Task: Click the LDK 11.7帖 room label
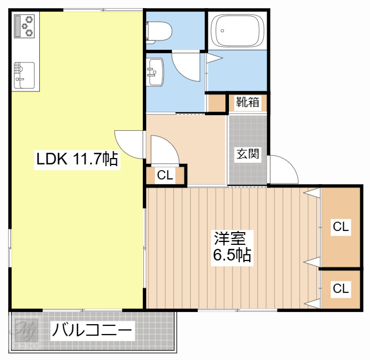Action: pos(77,159)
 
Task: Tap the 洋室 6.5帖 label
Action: pos(232,248)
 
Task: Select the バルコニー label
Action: pos(92,330)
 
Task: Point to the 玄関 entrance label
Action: pos(247,154)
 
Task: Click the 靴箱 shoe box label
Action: pos(247,102)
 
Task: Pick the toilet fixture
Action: pos(159,32)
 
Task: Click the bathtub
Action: pos(237,31)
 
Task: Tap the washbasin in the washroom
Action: pos(155,72)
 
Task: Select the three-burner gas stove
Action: pos(24,26)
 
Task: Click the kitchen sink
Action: pos(24,75)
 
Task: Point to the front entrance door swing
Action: pos(284,169)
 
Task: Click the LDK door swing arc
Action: pos(129,145)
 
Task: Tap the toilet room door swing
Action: pos(186,67)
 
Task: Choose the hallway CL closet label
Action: pos(165,175)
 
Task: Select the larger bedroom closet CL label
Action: pos(341,227)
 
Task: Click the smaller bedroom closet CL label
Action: pos(341,289)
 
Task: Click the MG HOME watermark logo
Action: pos(25,332)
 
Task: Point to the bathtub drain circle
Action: pos(222,31)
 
